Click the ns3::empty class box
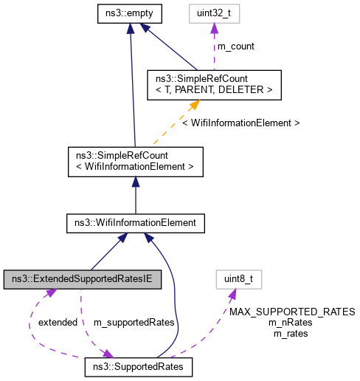(x=130, y=13)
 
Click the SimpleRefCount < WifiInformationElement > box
(x=134, y=161)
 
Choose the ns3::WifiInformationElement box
(x=134, y=222)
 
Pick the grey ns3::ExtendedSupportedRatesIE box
(x=83, y=280)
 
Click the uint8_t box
(x=240, y=280)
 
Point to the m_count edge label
(x=236, y=47)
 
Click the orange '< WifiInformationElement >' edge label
(x=240, y=123)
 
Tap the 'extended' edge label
(x=58, y=323)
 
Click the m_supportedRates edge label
(x=134, y=323)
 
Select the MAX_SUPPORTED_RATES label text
(x=292, y=312)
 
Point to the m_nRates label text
(x=291, y=323)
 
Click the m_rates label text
(x=291, y=333)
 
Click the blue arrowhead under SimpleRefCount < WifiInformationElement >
(x=134, y=180)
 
